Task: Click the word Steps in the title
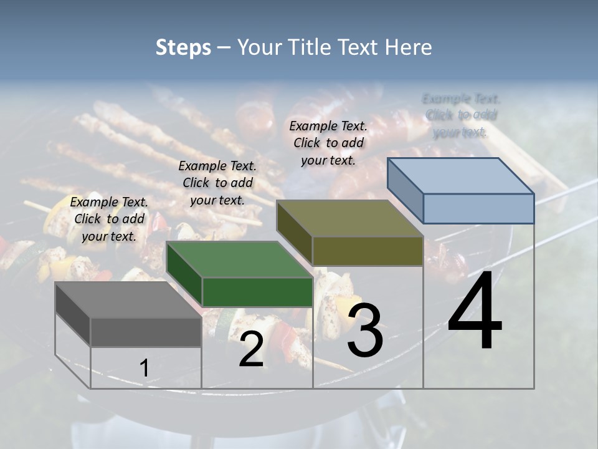click(x=183, y=47)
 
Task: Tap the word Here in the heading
click(x=408, y=47)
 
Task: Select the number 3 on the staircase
click(x=365, y=331)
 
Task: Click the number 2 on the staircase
click(x=251, y=350)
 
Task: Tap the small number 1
click(x=144, y=369)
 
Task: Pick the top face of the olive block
click(x=349, y=218)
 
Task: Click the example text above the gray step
click(x=109, y=219)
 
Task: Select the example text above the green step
click(x=217, y=183)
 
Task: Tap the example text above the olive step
click(x=328, y=143)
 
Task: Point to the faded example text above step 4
click(x=461, y=115)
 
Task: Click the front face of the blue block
click(x=478, y=208)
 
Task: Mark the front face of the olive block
click(x=368, y=251)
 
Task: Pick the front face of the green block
click(x=257, y=292)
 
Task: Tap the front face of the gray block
click(x=146, y=332)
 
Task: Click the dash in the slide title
click(x=224, y=48)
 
